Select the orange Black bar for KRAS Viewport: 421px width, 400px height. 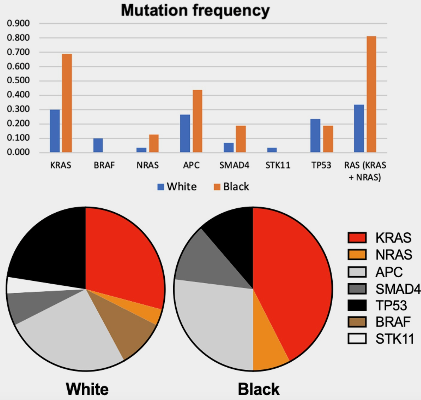67,103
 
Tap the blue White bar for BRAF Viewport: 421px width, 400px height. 98,145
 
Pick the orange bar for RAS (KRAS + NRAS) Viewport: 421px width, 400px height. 371,94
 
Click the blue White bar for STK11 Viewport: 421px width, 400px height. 272,150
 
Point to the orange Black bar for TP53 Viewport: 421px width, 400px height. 328,139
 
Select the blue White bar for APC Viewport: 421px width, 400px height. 185,134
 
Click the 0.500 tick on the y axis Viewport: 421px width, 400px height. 18,80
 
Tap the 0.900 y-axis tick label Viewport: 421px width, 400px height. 18,23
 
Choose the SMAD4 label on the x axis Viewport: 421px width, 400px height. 234,165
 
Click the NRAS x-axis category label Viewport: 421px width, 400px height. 148,165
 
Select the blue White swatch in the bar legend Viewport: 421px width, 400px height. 161,187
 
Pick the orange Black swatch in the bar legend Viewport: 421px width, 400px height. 217,187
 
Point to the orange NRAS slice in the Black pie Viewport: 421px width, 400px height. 268,348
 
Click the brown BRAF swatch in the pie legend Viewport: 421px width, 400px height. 357,322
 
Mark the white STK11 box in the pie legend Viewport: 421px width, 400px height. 357,339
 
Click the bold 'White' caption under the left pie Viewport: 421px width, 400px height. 87,389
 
